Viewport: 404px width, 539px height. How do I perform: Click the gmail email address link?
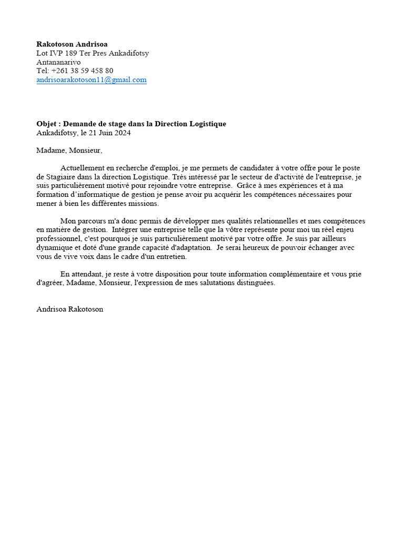[92, 80]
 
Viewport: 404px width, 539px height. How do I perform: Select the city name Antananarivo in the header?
[58, 62]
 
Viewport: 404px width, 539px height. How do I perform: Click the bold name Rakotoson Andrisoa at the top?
[72, 44]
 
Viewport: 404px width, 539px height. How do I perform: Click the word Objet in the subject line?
[46, 124]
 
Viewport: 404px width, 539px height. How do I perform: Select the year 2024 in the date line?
[122, 133]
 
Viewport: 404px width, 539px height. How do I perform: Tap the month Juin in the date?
[104, 133]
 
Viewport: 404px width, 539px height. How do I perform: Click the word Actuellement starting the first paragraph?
[83, 168]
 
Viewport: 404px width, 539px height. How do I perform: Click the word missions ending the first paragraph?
[144, 204]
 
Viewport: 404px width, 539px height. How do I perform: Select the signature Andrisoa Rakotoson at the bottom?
[69, 310]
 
